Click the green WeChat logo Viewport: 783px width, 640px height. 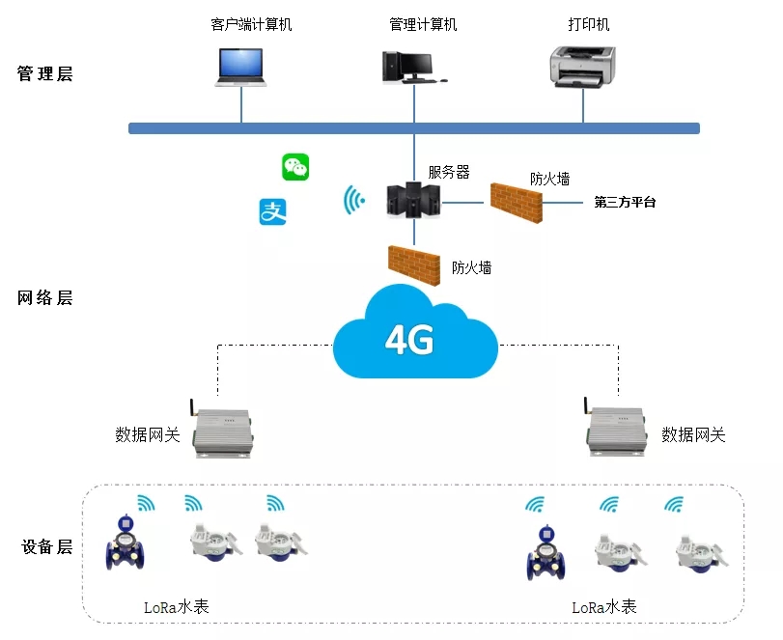coord(295,167)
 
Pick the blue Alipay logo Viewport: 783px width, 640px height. coord(272,211)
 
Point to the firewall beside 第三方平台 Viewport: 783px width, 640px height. coord(516,199)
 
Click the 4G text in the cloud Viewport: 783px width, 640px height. coord(409,339)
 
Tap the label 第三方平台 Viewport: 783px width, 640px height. coord(625,203)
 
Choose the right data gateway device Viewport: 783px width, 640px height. coord(619,426)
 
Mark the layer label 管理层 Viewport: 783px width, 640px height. coord(45,74)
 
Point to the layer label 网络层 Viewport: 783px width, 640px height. coord(45,297)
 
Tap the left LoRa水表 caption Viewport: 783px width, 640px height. coord(176,607)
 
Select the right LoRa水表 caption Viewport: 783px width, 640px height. coord(604,607)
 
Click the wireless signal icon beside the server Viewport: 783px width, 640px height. coord(354,201)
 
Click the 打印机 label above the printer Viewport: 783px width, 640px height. coord(590,24)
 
